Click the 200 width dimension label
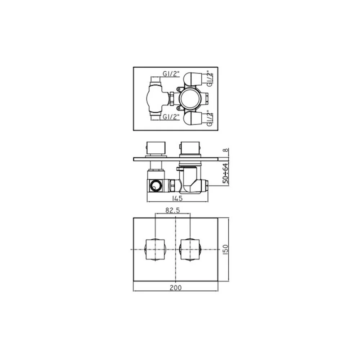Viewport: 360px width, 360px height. click(x=175, y=287)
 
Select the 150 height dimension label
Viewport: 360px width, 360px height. click(x=225, y=249)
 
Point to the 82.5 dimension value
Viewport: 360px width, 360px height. click(x=173, y=210)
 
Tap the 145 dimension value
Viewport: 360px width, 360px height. click(x=177, y=198)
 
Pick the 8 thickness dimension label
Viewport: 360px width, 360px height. click(x=226, y=150)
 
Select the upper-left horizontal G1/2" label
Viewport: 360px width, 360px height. click(x=171, y=74)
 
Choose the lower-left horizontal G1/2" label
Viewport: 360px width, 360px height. click(x=171, y=117)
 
